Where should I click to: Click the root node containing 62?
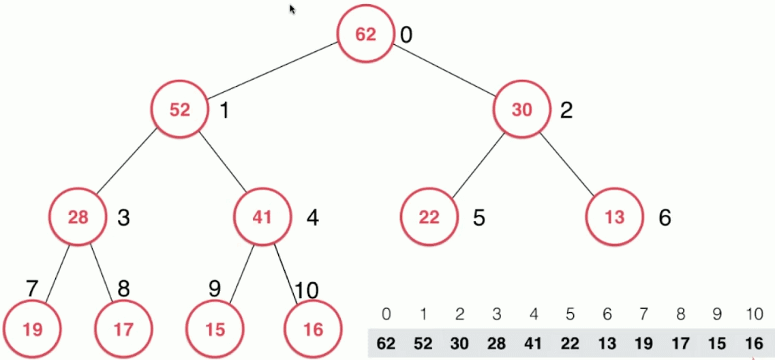click(x=366, y=35)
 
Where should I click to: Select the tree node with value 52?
click(x=180, y=110)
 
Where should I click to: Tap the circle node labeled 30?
click(x=521, y=110)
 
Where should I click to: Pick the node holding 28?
click(x=78, y=217)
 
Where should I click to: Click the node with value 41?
click(x=262, y=217)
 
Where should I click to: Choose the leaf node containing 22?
click(x=429, y=217)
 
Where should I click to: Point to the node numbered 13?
click(x=614, y=217)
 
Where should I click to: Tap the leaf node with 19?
click(x=32, y=330)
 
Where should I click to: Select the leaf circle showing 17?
click(x=123, y=330)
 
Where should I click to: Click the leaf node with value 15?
click(x=215, y=330)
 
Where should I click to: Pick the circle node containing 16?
click(x=312, y=330)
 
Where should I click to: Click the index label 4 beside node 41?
click(x=312, y=218)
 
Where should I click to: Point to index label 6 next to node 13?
click(x=665, y=218)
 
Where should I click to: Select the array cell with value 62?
click(x=386, y=343)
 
